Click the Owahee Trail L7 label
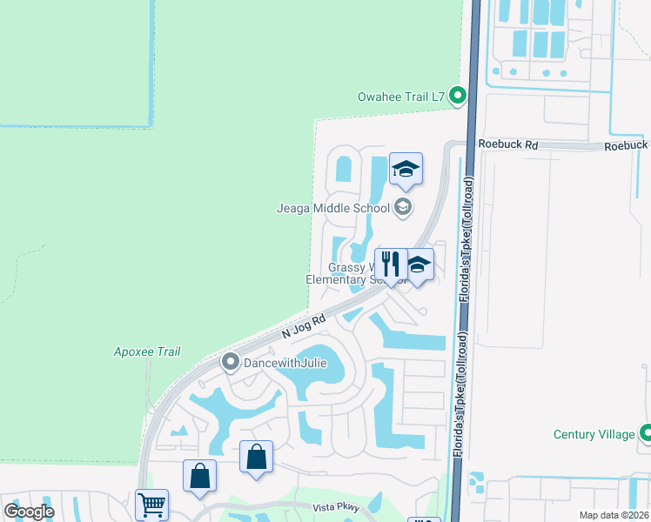point(402,97)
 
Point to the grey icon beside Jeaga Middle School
point(402,207)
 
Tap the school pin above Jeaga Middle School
point(406,169)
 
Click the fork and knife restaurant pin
point(390,264)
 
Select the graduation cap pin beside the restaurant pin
point(419,264)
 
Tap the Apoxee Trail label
point(147,351)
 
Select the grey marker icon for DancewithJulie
point(231,361)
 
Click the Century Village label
point(594,434)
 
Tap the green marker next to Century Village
point(646,432)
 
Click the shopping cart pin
point(151,505)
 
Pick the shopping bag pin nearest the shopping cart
point(199,476)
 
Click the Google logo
point(30,512)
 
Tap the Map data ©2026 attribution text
point(614,515)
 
